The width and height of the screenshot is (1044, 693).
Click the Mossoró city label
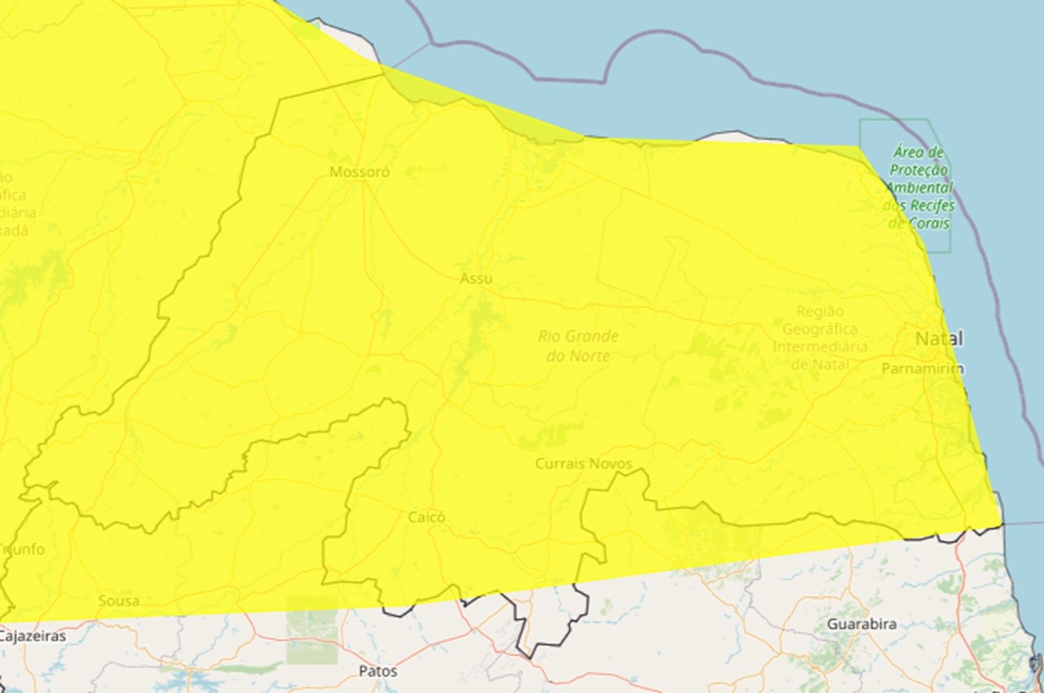click(x=359, y=173)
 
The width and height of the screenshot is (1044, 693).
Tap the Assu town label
click(x=476, y=279)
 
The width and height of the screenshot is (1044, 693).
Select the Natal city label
click(x=939, y=339)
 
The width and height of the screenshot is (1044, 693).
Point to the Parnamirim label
click(x=923, y=368)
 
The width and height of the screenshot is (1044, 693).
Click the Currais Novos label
click(x=583, y=463)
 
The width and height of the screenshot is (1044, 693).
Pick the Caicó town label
click(x=426, y=518)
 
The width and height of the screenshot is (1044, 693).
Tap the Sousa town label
click(x=119, y=601)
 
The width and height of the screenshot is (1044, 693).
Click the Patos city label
click(x=378, y=671)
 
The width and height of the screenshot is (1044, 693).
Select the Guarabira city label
click(x=862, y=625)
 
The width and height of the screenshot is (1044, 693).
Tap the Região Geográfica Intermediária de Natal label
click(x=819, y=337)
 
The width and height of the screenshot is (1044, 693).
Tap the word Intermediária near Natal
click(x=819, y=347)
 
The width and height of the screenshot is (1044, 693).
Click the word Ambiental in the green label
click(x=920, y=187)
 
